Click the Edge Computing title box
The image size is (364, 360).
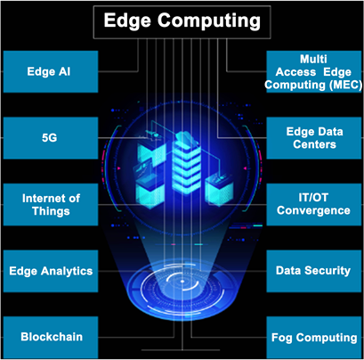182,22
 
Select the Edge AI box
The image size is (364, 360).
51,71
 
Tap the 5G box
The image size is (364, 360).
51,138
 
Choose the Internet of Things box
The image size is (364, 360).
51,204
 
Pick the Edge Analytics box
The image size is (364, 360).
51,271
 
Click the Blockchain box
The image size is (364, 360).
51,337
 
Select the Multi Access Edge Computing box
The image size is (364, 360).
314,71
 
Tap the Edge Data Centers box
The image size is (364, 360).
314,138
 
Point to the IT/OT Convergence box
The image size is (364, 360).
314,204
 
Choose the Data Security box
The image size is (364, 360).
314,271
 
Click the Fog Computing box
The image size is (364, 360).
314,337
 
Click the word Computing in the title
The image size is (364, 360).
209,21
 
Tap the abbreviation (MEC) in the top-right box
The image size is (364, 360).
345,85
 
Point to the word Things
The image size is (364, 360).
51,211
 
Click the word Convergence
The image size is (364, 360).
313,210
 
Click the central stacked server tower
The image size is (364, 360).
186,163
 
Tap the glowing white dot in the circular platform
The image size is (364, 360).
182,281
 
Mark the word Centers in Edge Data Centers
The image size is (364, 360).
314,144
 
